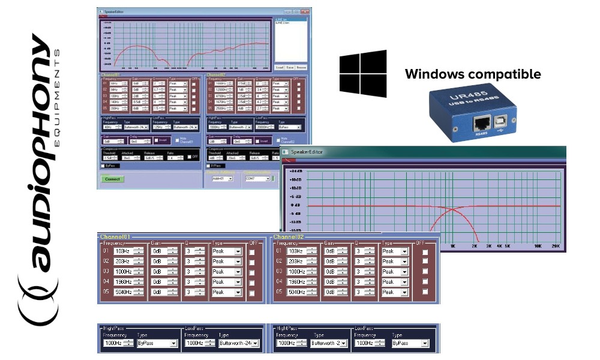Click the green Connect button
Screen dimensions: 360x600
pyautogui.click(x=112, y=179)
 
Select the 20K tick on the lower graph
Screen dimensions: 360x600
pyautogui.click(x=556, y=246)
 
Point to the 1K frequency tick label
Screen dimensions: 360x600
pyautogui.click(x=453, y=246)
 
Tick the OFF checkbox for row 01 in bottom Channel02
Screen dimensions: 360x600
pyautogui.click(x=425, y=251)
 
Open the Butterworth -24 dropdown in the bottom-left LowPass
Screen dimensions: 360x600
pyautogui.click(x=238, y=343)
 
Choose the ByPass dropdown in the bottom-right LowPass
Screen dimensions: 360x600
pyautogui.click(x=410, y=343)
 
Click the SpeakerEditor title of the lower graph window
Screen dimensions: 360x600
pyautogui.click(x=307, y=152)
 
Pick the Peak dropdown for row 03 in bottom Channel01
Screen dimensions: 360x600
pyautogui.click(x=226, y=272)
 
